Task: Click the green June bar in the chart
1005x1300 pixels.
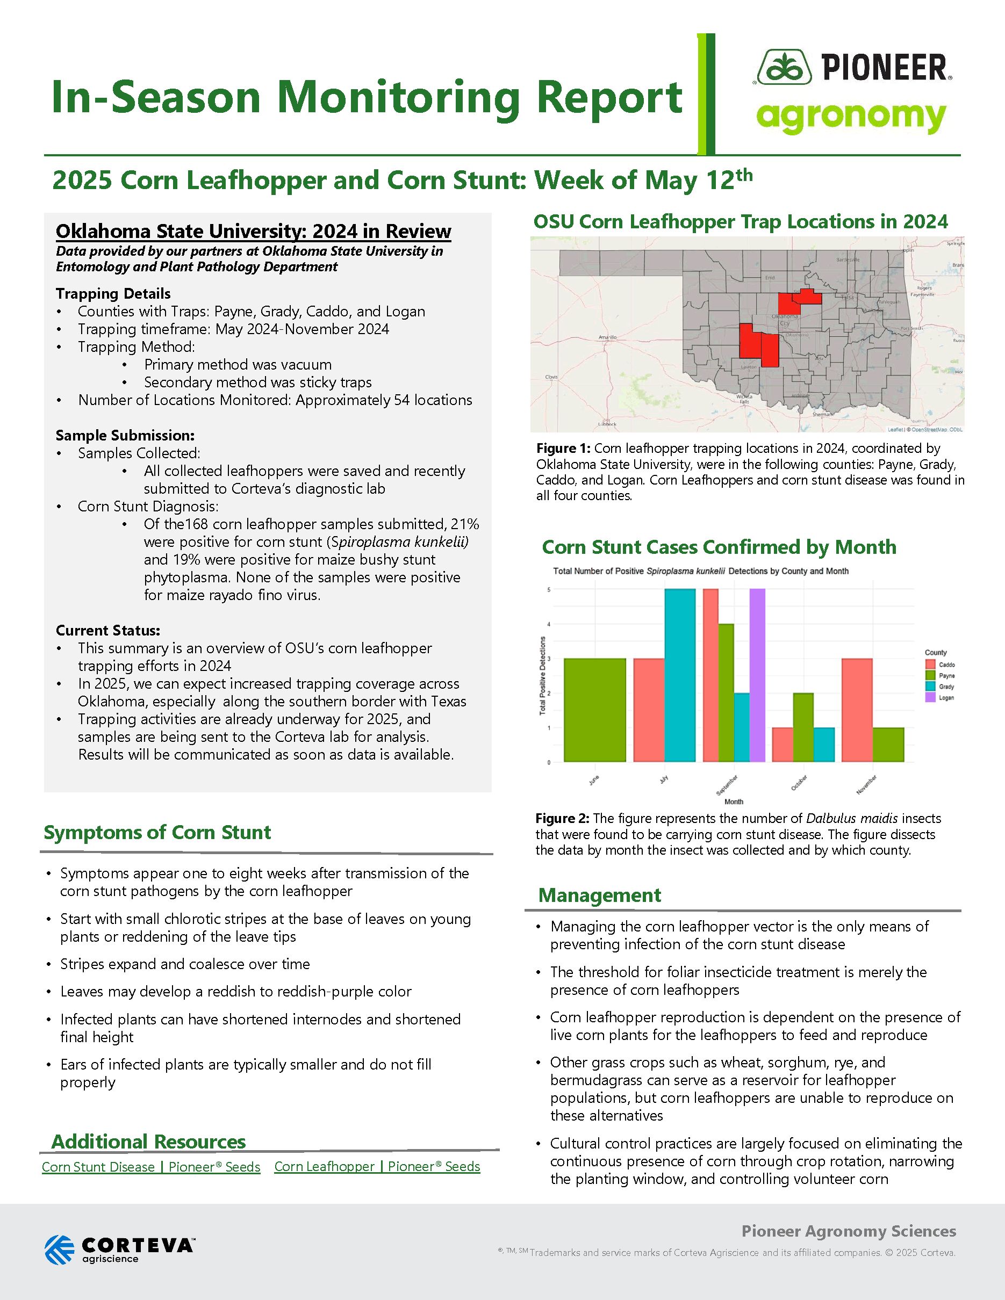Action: (594, 710)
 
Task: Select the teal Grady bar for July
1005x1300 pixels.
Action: (679, 675)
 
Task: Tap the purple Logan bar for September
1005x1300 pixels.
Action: (757, 675)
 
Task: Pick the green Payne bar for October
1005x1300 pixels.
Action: (802, 727)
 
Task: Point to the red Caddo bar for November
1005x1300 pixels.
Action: (857, 710)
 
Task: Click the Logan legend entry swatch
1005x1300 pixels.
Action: (930, 698)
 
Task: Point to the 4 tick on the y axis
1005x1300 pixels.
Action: (549, 624)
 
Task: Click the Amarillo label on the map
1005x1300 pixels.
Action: (607, 337)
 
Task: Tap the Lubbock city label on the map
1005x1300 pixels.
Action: (607, 424)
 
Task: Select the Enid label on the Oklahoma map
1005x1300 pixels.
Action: (770, 278)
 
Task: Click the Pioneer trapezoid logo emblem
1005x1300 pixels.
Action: (784, 67)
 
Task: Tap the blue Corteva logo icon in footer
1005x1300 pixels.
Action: (60, 1250)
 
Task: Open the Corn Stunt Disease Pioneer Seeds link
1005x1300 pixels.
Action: (150, 1167)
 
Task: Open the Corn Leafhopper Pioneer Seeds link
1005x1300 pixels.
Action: (377, 1167)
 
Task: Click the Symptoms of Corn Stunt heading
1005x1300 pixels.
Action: (157, 832)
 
